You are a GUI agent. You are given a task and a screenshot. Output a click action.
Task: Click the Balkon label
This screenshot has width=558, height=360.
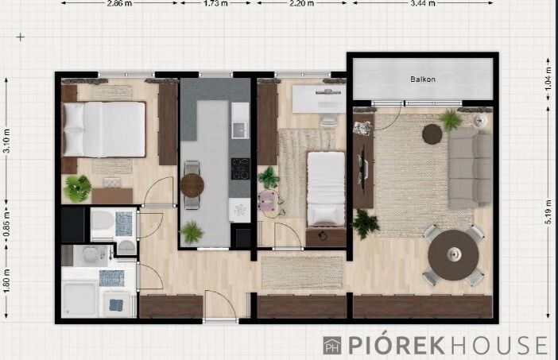coord(423,79)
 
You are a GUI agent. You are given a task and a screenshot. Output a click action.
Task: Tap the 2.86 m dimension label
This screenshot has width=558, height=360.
coord(119,3)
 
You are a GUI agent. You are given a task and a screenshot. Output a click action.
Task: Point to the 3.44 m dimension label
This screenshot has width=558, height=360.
coord(423,3)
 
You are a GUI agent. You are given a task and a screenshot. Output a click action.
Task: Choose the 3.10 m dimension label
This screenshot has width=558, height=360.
coord(6,141)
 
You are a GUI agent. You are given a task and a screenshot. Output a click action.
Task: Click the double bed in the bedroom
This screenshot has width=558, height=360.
coord(104,130)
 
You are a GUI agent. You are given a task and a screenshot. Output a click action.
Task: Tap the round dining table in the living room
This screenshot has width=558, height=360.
coord(453,255)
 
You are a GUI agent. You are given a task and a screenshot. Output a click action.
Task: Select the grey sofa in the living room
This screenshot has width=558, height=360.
coord(470,168)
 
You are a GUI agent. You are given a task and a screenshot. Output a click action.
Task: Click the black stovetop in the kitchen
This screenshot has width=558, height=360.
coord(240,168)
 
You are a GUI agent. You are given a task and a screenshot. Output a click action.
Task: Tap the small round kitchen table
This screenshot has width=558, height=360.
coord(192,185)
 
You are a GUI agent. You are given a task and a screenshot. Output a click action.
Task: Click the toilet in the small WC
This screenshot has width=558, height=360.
coord(102,221)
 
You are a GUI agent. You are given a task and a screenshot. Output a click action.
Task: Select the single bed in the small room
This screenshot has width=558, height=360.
coord(326,189)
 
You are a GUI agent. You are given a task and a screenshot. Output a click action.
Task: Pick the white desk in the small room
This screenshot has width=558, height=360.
coord(319,99)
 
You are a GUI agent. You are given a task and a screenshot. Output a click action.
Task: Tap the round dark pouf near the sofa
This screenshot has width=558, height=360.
coord(432,134)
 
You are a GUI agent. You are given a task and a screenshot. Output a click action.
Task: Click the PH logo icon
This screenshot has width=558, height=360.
coord(332,346)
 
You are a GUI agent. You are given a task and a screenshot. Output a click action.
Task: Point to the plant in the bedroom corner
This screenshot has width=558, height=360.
coord(78,188)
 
